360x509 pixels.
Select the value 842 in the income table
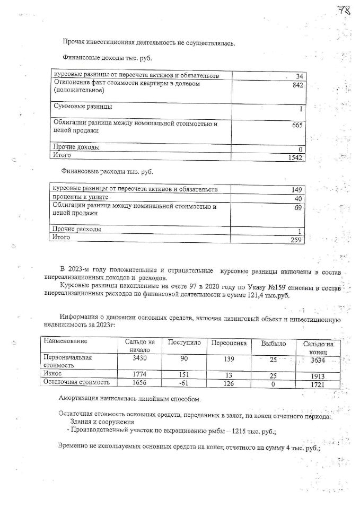[297, 84]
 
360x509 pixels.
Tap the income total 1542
[293, 158]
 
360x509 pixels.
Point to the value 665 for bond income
[297, 126]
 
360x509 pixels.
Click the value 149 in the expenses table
[296, 190]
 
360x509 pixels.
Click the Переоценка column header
[229, 343]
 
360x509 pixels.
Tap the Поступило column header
[183, 343]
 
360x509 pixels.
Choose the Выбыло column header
[273, 344]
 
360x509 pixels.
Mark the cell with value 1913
[318, 376]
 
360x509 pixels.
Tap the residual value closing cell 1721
[318, 383]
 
